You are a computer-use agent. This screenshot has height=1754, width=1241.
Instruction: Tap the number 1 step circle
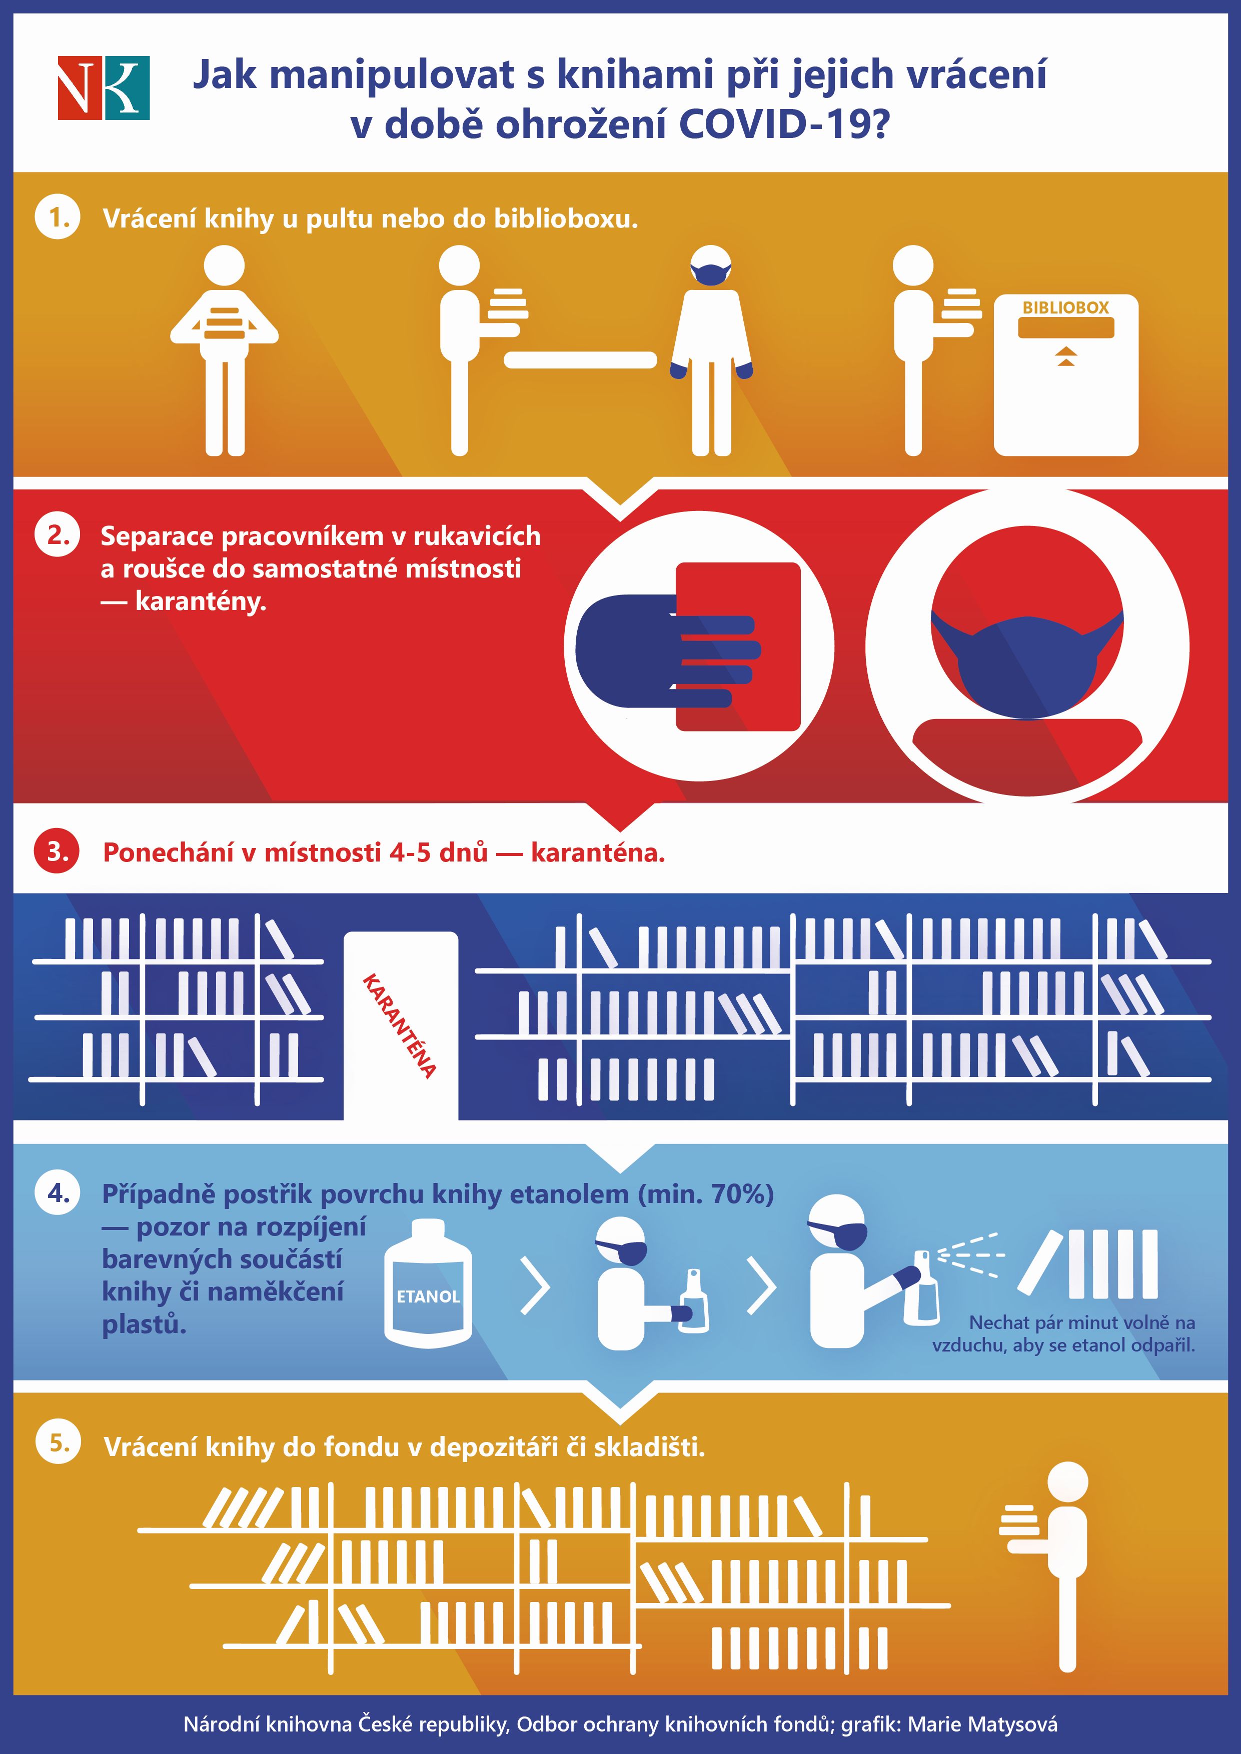tap(58, 217)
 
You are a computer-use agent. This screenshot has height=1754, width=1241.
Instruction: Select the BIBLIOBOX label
tap(1065, 308)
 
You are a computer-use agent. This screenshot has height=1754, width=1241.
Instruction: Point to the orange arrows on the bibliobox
tap(1066, 356)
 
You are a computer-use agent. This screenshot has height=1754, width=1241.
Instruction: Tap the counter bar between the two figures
tap(580, 360)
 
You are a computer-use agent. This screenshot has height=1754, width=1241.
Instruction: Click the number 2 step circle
tap(58, 535)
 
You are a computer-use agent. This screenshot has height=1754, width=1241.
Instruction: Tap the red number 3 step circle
tap(58, 852)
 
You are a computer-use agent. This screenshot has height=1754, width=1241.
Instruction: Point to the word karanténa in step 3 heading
tap(598, 852)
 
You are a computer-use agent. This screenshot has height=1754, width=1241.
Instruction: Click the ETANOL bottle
tap(428, 1283)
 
